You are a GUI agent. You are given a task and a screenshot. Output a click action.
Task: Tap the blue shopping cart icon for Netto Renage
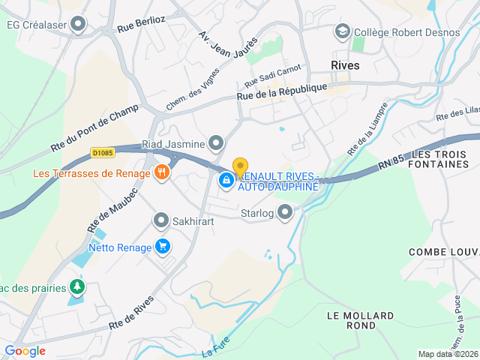point(162,246)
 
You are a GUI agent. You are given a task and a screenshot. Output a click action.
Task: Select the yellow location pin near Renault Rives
point(240,166)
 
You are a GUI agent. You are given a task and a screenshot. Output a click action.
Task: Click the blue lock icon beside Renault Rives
point(226,180)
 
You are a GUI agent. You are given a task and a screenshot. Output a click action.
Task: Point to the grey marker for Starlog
point(285,213)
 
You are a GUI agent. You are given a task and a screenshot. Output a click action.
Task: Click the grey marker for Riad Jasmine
point(217,142)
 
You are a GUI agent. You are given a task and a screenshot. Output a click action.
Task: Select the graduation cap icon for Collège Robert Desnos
point(343,31)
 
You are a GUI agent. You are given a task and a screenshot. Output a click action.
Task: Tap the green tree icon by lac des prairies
point(76,286)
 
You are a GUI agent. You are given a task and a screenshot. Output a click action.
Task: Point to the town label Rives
point(345,65)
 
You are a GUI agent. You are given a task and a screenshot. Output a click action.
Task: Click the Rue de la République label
point(282,90)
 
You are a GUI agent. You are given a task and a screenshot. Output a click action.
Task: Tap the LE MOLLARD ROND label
point(352,320)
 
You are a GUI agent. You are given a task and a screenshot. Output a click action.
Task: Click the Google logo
point(25,350)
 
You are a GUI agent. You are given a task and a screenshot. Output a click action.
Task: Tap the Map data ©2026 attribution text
point(447,354)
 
